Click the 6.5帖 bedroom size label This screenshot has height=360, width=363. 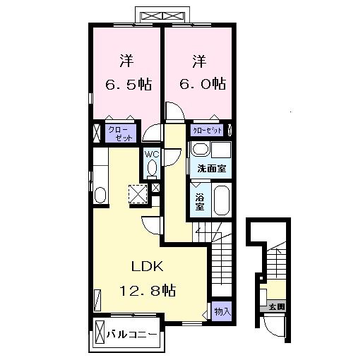coord(128,84)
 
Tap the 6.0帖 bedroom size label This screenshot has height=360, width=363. coord(201,84)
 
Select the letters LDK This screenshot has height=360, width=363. coord(148,266)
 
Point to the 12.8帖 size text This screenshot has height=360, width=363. coord(148,289)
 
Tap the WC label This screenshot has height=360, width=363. coord(151,154)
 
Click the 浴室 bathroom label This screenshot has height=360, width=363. coord(199,200)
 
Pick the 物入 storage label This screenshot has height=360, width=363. coord(222,311)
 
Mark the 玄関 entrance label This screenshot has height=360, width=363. coord(276,307)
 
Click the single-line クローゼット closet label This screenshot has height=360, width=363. coord(207,131)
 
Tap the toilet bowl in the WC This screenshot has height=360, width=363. coord(152,169)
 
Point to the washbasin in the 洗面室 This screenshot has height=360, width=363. coord(200,150)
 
